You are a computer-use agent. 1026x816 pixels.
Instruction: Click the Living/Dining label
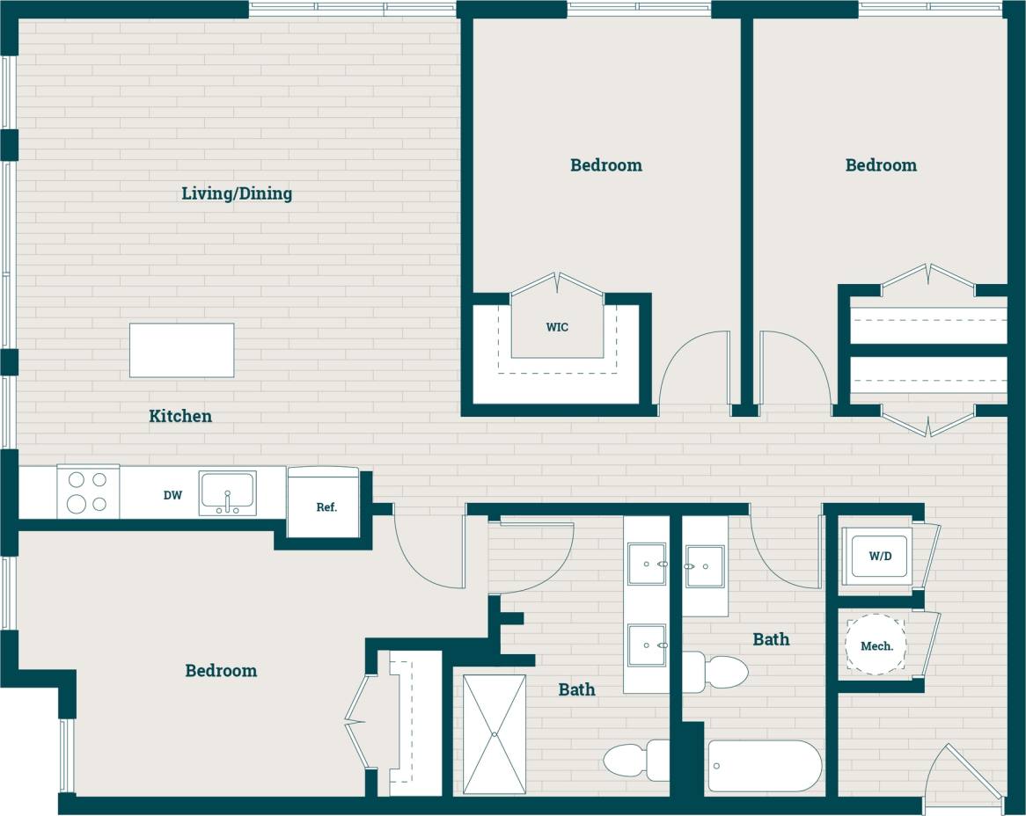click(x=237, y=193)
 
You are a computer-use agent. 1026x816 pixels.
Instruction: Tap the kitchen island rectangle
click(x=181, y=350)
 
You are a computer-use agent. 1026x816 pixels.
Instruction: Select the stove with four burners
click(x=88, y=492)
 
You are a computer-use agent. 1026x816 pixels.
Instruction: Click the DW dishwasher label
click(x=172, y=496)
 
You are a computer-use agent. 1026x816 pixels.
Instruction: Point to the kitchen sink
click(x=227, y=493)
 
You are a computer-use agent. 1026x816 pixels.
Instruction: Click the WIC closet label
click(x=557, y=327)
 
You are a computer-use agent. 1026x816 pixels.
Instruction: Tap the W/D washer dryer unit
click(x=877, y=556)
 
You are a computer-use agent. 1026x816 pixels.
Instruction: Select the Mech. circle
click(x=876, y=645)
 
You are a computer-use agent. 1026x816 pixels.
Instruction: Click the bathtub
click(x=764, y=765)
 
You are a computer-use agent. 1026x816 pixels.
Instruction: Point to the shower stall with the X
click(x=495, y=734)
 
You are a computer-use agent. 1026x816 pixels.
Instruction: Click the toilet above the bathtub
click(x=720, y=672)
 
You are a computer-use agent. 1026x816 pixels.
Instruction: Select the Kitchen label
click(x=180, y=416)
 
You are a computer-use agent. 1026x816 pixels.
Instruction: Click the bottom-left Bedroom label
click(x=221, y=671)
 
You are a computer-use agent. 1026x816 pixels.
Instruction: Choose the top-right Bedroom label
click(x=881, y=165)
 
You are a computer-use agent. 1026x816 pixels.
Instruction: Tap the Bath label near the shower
click(x=576, y=689)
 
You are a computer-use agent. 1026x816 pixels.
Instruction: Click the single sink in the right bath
click(x=705, y=565)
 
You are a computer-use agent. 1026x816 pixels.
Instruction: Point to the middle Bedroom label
click(x=606, y=165)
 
